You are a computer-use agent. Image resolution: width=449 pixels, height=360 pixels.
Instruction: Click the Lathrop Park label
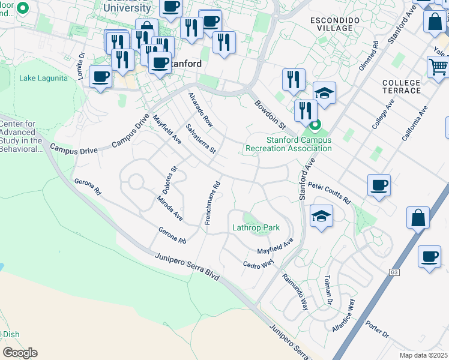pos(256,228)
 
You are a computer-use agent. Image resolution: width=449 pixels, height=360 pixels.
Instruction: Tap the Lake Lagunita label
pos(38,78)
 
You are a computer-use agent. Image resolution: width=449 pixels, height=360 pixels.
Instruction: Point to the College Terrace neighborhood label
pos(402,86)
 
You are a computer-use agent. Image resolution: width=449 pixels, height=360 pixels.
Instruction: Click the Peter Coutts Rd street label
pos(328,194)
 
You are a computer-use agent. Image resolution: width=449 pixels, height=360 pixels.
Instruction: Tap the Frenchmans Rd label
pos(212,203)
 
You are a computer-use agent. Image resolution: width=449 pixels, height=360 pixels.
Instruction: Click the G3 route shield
pos(394,272)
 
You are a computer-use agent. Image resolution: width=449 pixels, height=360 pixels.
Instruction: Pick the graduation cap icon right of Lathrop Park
pos(321,215)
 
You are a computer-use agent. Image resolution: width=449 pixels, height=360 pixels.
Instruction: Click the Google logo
pos(20,353)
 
